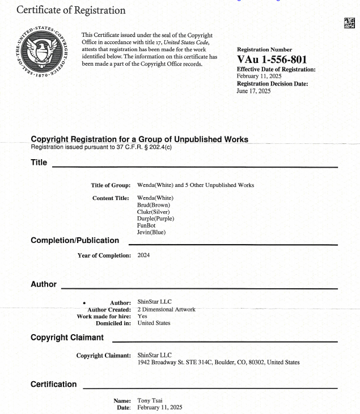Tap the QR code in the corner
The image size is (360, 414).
click(349, 23)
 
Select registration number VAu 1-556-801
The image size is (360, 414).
click(273, 59)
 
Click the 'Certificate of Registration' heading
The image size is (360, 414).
click(71, 10)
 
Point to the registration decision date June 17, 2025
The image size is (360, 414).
click(253, 91)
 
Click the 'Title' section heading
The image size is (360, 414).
click(39, 163)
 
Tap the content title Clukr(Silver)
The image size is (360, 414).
click(154, 211)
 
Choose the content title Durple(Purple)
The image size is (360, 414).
click(155, 218)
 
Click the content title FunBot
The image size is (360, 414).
click(146, 225)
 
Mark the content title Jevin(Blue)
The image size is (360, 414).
click(151, 232)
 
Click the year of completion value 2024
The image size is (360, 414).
click(143, 255)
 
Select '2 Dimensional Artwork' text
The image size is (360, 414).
click(166, 309)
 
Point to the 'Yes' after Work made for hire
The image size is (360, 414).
click(142, 316)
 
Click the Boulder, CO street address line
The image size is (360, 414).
click(218, 362)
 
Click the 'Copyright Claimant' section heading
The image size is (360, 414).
click(67, 338)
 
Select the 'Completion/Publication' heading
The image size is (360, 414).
click(75, 240)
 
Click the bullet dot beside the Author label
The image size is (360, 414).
click(84, 303)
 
